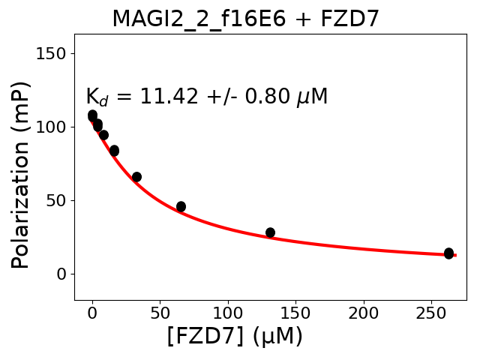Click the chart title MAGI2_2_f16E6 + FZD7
click(245, 19)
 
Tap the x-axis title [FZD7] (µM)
click(235, 336)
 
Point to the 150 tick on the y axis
click(54, 53)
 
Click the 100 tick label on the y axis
click(54, 127)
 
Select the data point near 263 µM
click(448, 253)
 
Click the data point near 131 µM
click(270, 232)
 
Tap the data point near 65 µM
click(181, 206)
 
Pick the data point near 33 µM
click(136, 177)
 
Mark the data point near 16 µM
click(114, 151)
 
